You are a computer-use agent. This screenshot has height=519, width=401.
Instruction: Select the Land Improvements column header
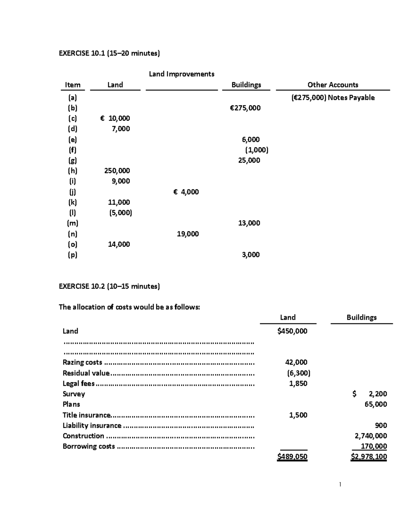pos(181,74)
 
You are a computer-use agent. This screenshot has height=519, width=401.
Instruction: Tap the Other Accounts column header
pos(332,85)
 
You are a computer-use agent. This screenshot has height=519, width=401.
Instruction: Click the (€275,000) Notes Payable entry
pos(332,98)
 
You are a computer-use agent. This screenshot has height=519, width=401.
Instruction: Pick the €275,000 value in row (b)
pos(245,108)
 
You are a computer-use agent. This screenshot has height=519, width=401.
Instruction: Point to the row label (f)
pos(73,150)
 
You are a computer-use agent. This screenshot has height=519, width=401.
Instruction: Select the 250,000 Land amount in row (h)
pos(117,171)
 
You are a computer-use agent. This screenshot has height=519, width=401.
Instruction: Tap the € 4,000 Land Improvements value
pos(186,192)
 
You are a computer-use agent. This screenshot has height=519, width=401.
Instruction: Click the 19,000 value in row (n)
pos(187,234)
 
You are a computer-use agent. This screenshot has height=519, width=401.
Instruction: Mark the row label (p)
pos(73,255)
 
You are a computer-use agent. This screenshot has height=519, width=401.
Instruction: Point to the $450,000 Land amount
pos(292,331)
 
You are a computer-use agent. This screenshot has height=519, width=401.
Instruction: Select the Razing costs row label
pos(82,362)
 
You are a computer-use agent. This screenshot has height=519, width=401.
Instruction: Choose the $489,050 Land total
pos(292,457)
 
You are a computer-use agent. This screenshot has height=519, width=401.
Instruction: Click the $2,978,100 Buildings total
pos(369,457)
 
